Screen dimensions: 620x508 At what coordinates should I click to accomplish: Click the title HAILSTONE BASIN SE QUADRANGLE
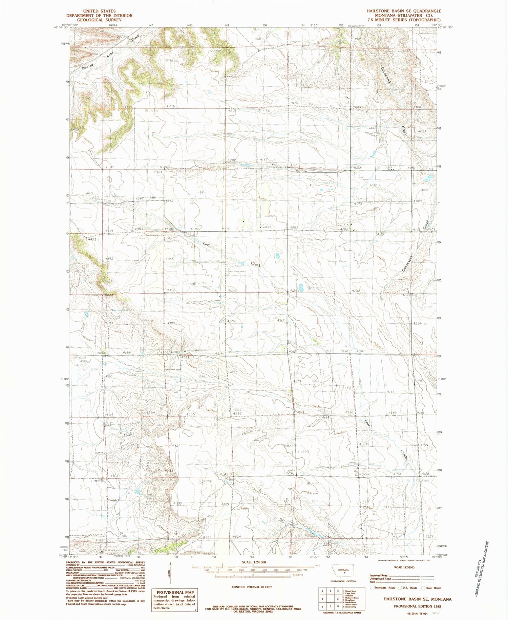pyautogui.click(x=404, y=11)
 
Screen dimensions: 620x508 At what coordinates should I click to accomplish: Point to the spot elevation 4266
pyautogui.click(x=172, y=61)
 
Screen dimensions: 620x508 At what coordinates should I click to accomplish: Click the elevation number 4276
pyautogui.click(x=170, y=106)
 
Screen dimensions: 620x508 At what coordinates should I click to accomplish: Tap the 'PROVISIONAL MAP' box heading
pyautogui.click(x=175, y=592)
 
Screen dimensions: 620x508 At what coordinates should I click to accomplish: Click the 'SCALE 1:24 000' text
pyautogui.click(x=252, y=562)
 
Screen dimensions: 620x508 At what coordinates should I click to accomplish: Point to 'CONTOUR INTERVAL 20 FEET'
pyautogui.click(x=252, y=587)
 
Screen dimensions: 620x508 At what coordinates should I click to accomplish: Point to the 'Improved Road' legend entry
pyautogui.click(x=379, y=576)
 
